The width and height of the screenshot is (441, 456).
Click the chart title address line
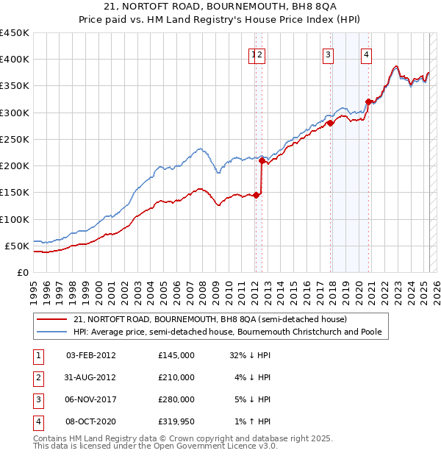click(x=220, y=6)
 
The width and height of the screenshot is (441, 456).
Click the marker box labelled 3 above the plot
click(x=328, y=54)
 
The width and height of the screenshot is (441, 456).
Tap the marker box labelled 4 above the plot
click(x=366, y=54)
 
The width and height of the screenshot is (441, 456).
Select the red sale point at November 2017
click(x=330, y=123)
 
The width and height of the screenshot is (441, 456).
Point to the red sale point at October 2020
click(x=368, y=102)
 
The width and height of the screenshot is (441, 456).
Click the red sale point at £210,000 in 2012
click(x=262, y=160)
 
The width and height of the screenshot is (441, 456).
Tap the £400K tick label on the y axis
click(x=15, y=60)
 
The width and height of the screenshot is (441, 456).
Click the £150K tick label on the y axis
click(x=15, y=193)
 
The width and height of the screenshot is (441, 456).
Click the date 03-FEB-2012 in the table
click(x=91, y=355)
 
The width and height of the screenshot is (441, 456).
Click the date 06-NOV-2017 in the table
click(x=91, y=399)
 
